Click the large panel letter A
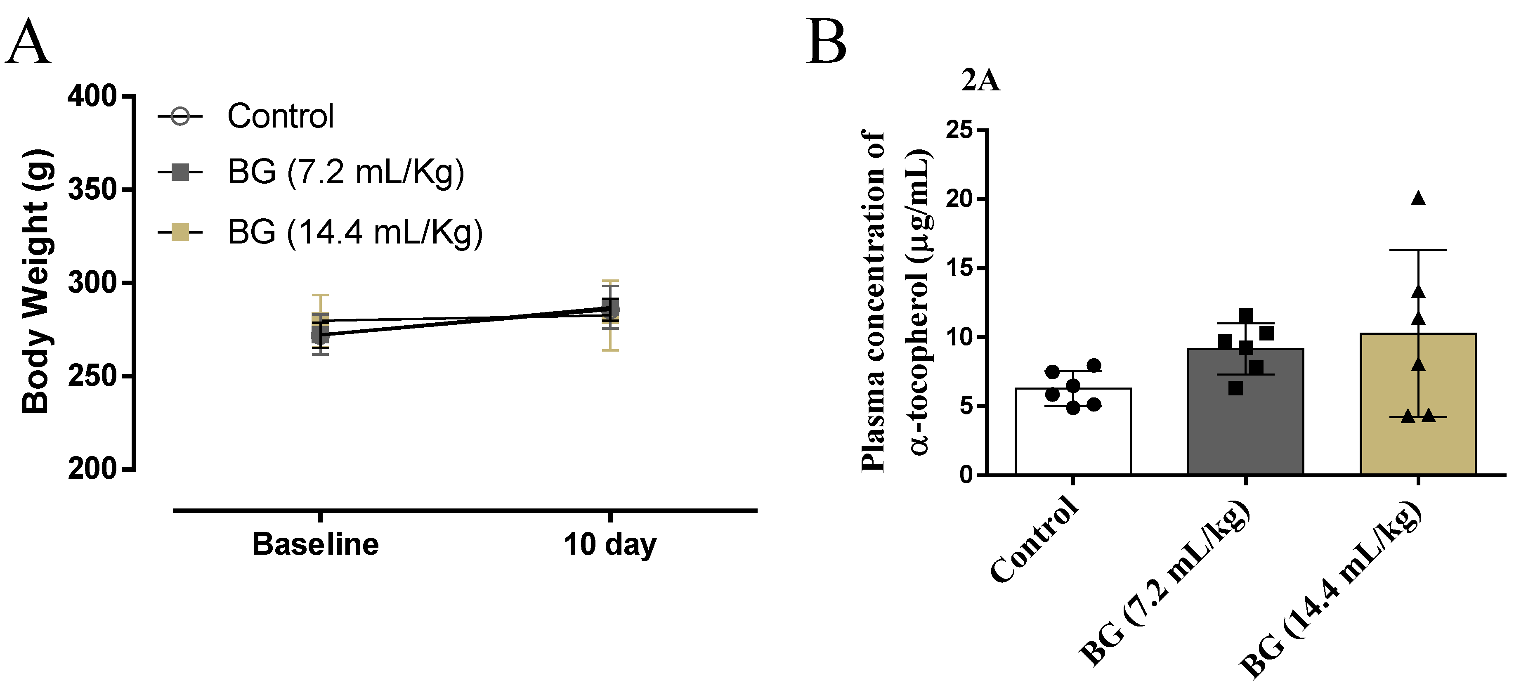pos(27,43)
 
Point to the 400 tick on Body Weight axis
pos(92,96)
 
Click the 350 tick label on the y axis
pos(92,190)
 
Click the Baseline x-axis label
pos(316,544)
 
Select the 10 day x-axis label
pos(609,544)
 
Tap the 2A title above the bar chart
pos(980,80)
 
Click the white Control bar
pos(1073,435)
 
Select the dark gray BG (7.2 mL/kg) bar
pos(1245,418)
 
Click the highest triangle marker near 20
pos(1418,198)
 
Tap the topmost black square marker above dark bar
pos(1245,316)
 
